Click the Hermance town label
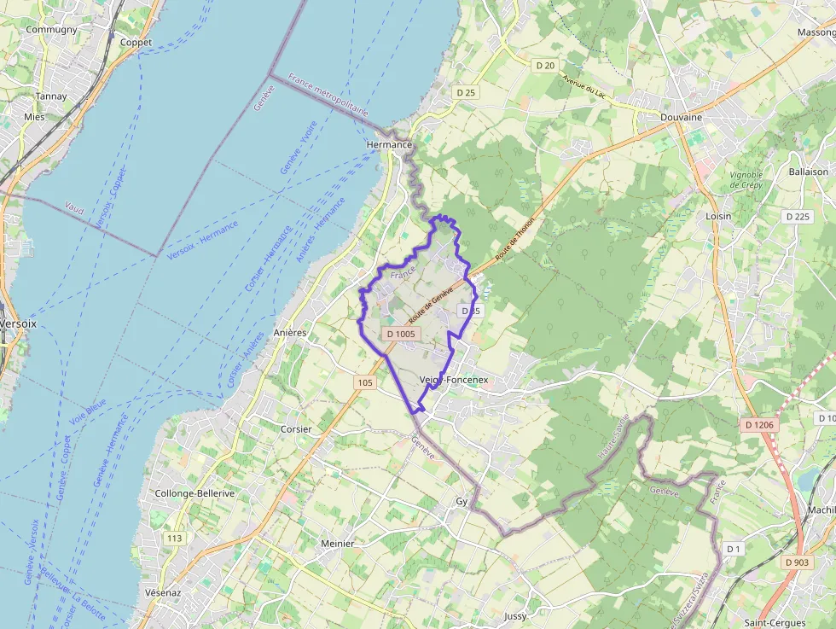pos(388,145)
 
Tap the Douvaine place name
pos(681,117)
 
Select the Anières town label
pos(290,333)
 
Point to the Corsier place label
pos(296,428)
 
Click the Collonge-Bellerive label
pos(194,494)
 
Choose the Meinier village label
pos(313,543)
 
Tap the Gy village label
pos(463,502)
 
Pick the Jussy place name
pos(516,615)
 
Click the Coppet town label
pos(136,43)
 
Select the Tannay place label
pos(51,96)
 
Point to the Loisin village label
pos(718,217)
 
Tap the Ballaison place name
pos(808,172)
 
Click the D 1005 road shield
pos(400,334)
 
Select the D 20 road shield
pos(545,66)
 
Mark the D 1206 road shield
pos(758,425)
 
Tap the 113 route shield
pos(175,539)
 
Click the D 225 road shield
pos(797,217)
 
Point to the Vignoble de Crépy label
pos(746,180)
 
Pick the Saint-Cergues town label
pos(775,623)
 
